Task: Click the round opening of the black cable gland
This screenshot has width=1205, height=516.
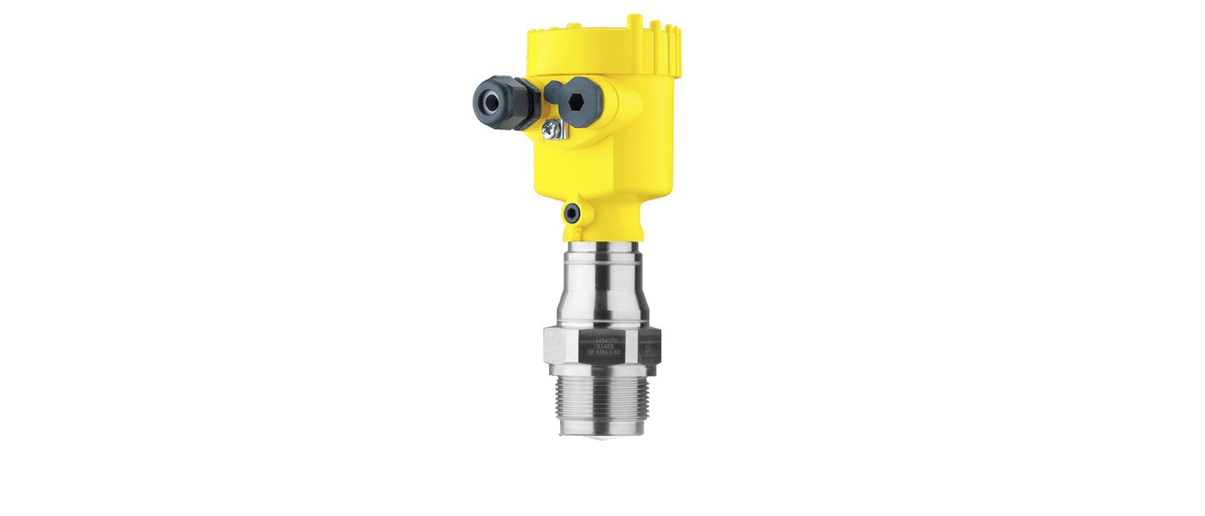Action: click(x=489, y=103)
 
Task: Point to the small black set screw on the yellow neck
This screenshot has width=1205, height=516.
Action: click(x=571, y=214)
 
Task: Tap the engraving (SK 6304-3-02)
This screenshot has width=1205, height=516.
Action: click(x=602, y=352)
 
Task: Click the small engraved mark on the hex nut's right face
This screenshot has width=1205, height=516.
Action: click(x=648, y=348)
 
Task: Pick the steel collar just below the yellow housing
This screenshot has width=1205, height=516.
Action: click(x=601, y=255)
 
